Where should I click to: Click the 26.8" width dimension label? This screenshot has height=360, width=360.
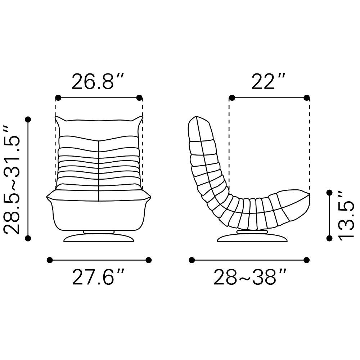coord(98,81)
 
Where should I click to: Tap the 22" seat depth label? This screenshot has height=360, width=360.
coord(269,81)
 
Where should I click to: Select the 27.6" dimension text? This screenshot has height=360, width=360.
coord(99,277)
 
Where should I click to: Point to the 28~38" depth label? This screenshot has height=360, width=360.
coord(250,277)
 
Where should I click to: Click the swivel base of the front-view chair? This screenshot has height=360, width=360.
coord(99,236)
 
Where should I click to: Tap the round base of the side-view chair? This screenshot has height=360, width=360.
coord(252,236)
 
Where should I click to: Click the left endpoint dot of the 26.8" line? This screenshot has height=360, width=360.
coord(58,98)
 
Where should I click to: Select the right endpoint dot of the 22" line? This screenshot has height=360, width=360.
coord(306,98)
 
